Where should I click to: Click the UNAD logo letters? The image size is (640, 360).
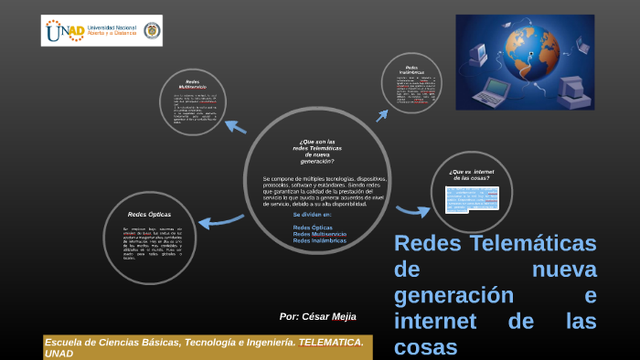click(64, 31)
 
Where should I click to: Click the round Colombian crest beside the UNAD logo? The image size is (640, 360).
click(151, 31)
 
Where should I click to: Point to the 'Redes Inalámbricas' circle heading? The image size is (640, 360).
click(411, 69)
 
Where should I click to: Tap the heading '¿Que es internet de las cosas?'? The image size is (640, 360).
click(471, 174)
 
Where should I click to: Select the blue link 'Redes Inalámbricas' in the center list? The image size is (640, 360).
click(318, 239)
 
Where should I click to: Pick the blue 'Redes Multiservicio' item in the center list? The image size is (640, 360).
click(319, 233)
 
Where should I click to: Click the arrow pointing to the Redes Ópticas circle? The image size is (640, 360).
click(219, 220)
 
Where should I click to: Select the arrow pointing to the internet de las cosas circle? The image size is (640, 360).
click(412, 211)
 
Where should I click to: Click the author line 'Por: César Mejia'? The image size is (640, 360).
click(317, 316)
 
